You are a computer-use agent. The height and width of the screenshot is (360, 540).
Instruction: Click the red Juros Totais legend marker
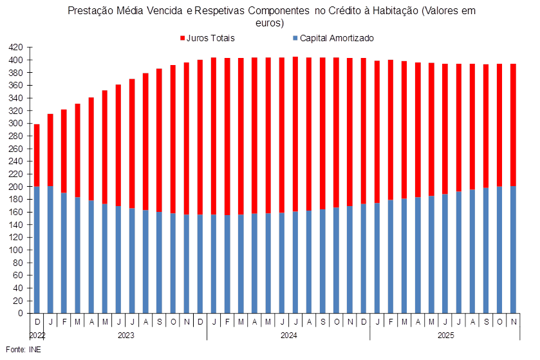183,39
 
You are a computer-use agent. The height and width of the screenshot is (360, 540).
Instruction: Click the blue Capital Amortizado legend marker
295,39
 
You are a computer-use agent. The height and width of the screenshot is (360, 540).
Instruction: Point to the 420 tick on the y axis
17,48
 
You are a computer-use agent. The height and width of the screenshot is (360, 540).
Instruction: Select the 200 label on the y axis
17,187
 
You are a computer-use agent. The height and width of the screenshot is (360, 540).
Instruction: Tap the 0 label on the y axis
21,314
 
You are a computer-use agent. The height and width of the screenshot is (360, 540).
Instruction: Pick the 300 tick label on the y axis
17,124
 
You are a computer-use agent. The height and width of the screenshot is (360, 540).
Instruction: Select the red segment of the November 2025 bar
513,125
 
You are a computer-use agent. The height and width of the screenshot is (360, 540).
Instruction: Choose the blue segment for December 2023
200,264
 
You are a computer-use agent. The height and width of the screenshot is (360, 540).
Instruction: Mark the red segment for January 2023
50,150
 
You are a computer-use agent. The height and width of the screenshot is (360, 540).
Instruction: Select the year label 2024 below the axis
288,336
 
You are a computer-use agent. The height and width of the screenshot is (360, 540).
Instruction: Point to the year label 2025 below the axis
445,336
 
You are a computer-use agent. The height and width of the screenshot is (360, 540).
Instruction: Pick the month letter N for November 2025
513,321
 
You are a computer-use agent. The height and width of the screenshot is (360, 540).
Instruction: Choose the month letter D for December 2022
37,321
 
